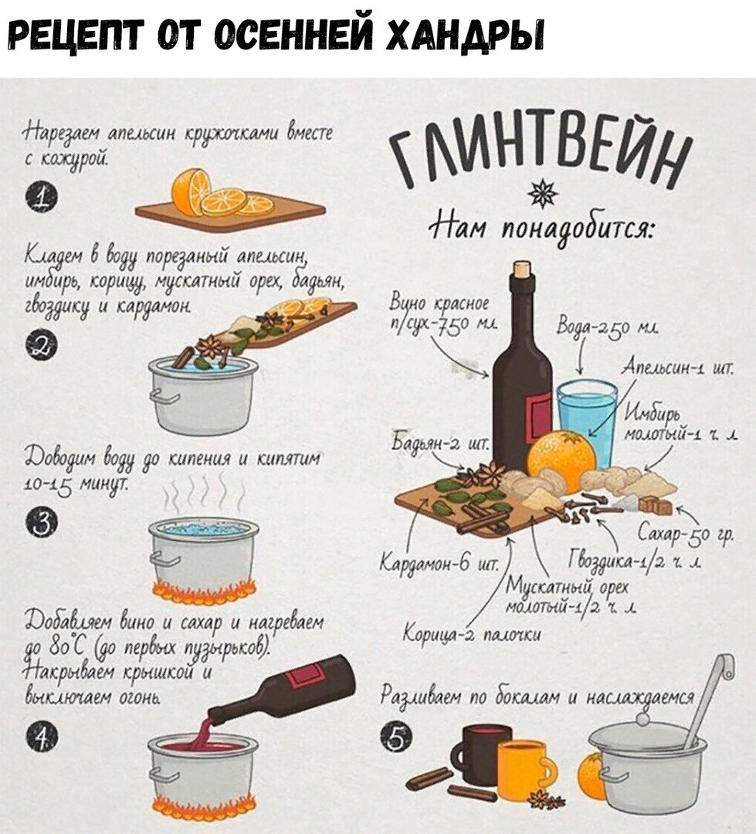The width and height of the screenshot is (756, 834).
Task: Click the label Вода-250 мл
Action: pos(602,327)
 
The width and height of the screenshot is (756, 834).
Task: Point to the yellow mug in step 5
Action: pos(522,769)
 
